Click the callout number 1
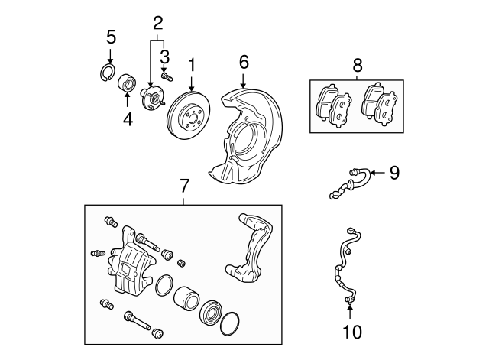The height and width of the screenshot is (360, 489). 192,66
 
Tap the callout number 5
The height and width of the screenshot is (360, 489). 111,37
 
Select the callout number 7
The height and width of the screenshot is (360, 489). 183,186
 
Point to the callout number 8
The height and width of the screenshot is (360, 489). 358,66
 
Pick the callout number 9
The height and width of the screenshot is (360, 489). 394,173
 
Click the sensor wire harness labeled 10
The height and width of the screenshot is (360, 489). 343,268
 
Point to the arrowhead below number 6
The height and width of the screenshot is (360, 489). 244,85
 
